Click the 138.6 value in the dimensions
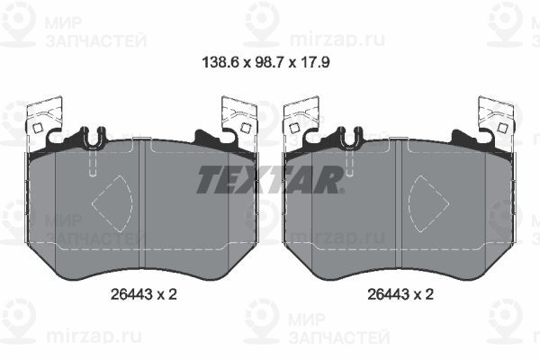click(220, 63)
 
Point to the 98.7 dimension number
click(269, 63)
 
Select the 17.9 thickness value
click(315, 63)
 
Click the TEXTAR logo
click(270, 179)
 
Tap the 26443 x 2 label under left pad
click(144, 294)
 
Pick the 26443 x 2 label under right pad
click(400, 294)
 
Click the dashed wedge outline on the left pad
click(112, 203)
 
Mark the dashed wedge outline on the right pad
click(428, 203)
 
